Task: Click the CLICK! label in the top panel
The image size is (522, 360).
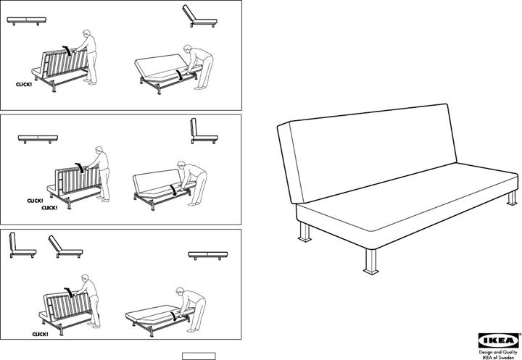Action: click(25, 85)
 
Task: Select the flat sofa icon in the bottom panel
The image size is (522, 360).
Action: click(207, 255)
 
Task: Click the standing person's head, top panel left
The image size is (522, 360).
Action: click(86, 34)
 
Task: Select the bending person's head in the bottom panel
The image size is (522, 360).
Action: click(184, 294)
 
